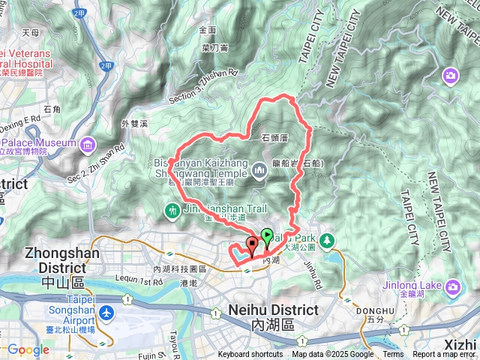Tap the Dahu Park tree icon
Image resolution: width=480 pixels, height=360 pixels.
pos(327,241)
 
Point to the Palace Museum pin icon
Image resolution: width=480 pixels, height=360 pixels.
pos(88,142)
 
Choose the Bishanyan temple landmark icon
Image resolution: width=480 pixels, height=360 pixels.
pos(259,171)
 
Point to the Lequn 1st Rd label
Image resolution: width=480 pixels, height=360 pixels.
pos(136,281)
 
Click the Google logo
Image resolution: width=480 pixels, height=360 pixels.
pos(28,350)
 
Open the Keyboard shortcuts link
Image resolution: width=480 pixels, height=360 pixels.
pos(250,355)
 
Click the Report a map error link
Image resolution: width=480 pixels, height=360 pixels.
pos(445,355)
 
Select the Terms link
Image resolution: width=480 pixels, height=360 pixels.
pos(393,355)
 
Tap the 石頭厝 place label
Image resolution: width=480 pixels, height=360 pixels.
pos(276,139)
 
